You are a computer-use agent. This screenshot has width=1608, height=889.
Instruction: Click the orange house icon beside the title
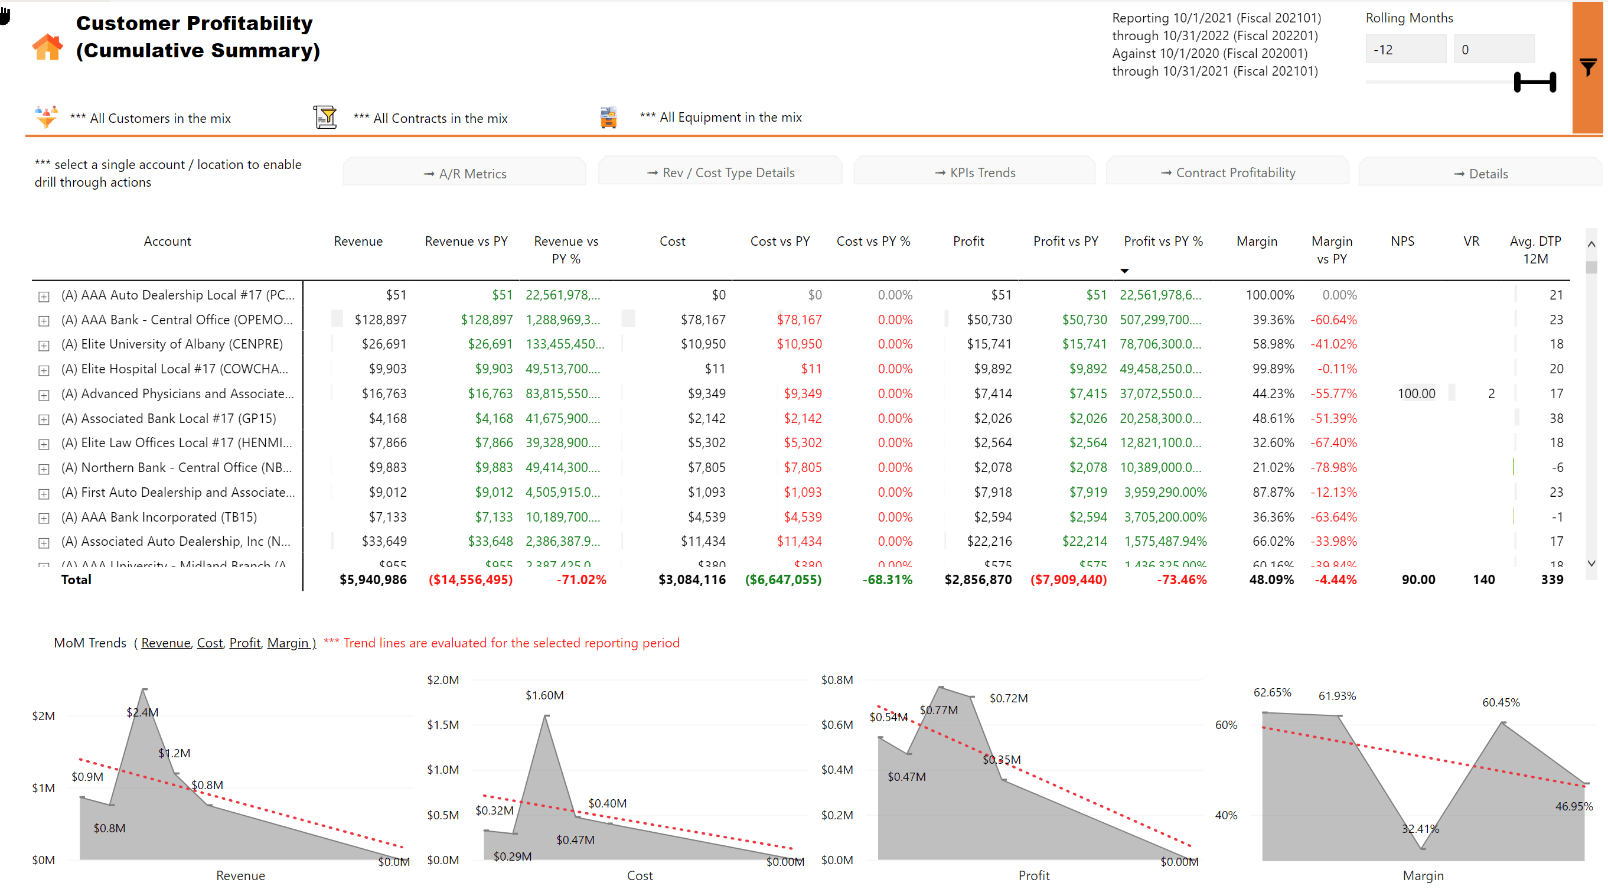[x=47, y=47]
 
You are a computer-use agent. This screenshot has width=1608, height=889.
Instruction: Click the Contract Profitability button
[x=1227, y=172]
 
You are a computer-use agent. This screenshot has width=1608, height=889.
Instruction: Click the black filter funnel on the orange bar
[x=1587, y=67]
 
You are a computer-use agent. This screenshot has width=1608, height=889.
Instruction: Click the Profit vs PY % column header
[x=1163, y=241]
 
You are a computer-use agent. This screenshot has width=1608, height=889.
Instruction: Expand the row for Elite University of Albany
[x=44, y=345]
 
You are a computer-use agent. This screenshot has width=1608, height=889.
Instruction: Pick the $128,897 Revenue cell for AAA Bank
[x=380, y=320]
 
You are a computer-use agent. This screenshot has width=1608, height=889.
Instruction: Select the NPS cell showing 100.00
[x=1415, y=393]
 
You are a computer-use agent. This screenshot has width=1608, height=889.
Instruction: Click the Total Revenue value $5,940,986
[x=373, y=579]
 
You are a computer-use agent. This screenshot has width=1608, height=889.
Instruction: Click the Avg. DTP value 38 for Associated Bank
[x=1555, y=418]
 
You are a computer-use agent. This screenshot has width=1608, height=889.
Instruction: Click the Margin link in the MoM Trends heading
[x=288, y=643]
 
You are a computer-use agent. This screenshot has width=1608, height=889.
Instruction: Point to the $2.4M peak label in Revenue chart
[x=142, y=712]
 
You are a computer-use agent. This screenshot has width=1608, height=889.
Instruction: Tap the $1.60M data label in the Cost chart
[x=544, y=695]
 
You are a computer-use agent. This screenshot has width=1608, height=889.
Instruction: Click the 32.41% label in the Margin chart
[x=1420, y=828]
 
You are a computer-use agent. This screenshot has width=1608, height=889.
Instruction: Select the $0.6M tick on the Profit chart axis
[x=836, y=724]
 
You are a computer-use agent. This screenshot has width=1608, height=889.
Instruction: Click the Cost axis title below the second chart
[x=639, y=875]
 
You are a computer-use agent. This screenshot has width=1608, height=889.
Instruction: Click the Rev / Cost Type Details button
[x=720, y=172]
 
